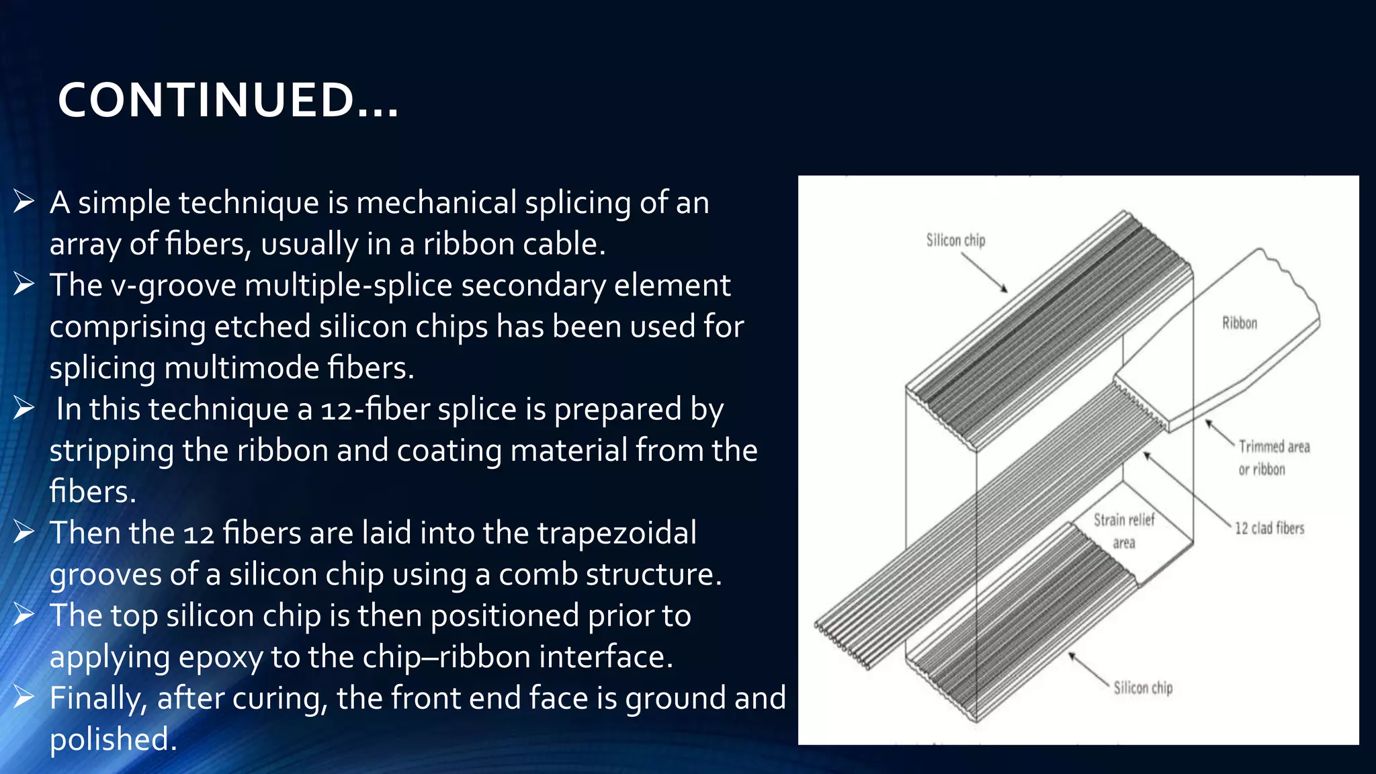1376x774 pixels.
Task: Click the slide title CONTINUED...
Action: [228, 101]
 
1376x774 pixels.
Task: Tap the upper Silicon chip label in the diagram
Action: [955, 241]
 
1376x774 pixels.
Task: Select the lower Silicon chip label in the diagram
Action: [1143, 688]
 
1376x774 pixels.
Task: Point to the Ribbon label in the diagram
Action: [1240, 323]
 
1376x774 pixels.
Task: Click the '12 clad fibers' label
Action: [1269, 529]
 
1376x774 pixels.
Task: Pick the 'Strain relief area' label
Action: [1124, 531]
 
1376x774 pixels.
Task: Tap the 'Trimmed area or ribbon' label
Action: [1274, 458]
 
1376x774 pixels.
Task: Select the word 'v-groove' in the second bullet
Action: [173, 286]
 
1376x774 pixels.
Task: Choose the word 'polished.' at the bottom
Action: [113, 740]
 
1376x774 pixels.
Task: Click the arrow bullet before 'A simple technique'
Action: [24, 202]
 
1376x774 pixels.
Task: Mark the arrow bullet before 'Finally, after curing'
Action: [24, 697]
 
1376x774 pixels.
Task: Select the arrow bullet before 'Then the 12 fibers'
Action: [24, 532]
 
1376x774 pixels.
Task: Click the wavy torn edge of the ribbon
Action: [1293, 282]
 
